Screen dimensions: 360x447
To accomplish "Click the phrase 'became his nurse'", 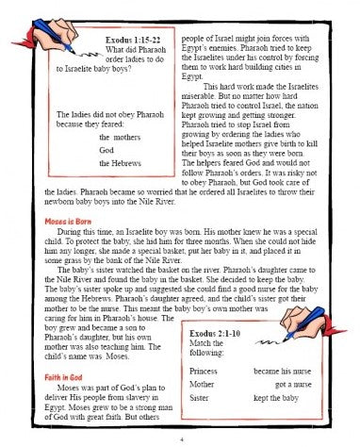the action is tap(283, 372).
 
